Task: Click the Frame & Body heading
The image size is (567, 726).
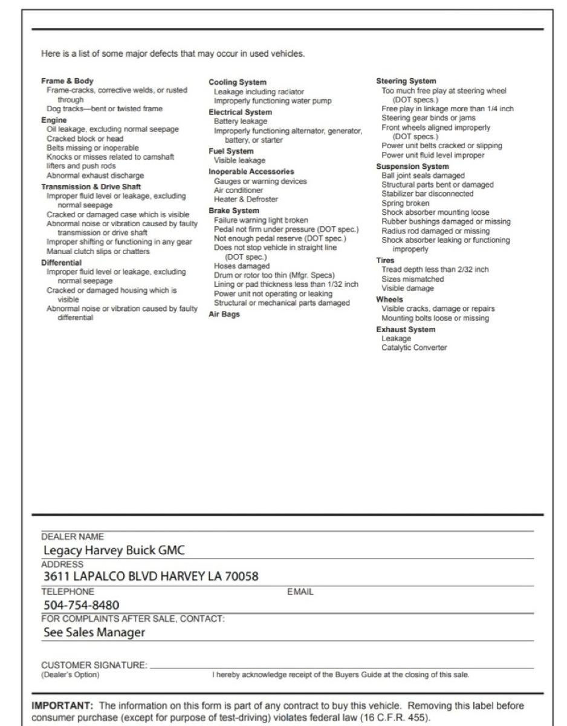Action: [x=67, y=81]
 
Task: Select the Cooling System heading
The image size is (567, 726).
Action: [x=237, y=82]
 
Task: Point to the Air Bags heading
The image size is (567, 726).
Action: [x=224, y=315]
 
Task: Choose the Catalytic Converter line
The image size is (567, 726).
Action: [x=414, y=348]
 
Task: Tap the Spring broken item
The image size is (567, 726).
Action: [x=405, y=203]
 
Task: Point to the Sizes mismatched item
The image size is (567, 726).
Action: [x=412, y=280]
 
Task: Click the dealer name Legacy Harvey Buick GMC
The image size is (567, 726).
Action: [x=114, y=551]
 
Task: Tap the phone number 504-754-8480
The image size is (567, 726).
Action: [x=81, y=605]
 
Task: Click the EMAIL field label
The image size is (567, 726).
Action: [x=300, y=592]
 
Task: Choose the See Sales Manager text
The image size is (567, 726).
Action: [x=94, y=633]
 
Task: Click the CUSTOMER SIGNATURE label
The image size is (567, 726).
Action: [x=94, y=665]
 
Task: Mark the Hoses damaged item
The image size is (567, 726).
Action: [x=242, y=266]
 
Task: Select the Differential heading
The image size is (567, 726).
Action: [x=61, y=263]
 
